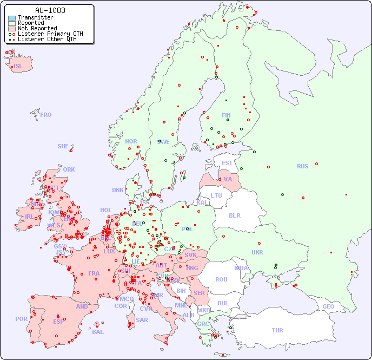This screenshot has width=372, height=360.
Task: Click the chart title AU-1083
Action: point(50,10)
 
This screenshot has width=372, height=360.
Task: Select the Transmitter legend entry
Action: point(35,18)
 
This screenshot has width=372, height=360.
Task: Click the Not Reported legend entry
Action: point(37,29)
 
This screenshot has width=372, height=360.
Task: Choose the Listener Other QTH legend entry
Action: point(46,39)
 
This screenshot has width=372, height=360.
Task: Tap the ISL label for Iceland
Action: point(18,67)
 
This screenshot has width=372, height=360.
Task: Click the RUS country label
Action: point(302,166)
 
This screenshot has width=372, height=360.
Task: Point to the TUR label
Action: point(277,330)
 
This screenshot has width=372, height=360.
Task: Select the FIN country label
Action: point(226,115)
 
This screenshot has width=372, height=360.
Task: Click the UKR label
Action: point(257,252)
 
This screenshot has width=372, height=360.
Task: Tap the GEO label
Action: point(328,306)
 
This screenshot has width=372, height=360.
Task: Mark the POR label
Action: point(21,319)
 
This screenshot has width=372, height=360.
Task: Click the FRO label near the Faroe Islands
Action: point(46,115)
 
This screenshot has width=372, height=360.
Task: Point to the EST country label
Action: point(227,163)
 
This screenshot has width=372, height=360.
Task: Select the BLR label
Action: point(234,215)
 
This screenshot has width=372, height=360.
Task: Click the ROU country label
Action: point(221,279)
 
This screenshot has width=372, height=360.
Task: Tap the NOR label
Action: point(131,141)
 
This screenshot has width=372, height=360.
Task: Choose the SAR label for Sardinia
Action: point(142,319)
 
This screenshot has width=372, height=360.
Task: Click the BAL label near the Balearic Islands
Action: point(97,332)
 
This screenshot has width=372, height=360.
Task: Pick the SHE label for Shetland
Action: point(63,146)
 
